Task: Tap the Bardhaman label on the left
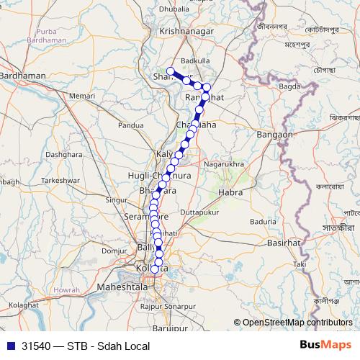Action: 24,75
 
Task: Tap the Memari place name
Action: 82,95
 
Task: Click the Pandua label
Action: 131,125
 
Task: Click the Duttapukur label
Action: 199,213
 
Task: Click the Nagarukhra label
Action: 224,164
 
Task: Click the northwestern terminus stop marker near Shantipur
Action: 171,71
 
